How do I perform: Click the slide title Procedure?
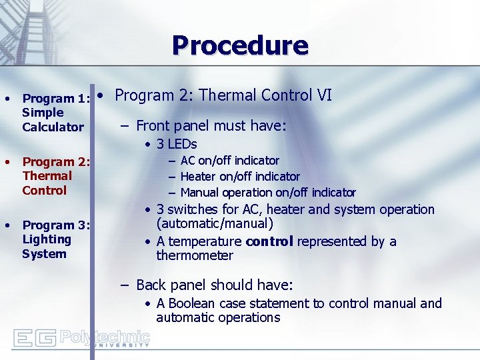pyautogui.click(x=240, y=45)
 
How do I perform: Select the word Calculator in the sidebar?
pyautogui.click(x=53, y=127)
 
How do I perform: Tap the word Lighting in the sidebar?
pyautogui.click(x=46, y=239)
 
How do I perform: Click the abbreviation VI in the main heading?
pyautogui.click(x=324, y=95)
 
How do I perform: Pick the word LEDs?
pyautogui.click(x=182, y=144)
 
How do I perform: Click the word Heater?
pyautogui.click(x=198, y=177)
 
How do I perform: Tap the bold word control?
pyautogui.click(x=269, y=241)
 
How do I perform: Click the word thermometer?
pyautogui.click(x=195, y=256)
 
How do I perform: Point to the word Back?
pyautogui.click(x=150, y=285)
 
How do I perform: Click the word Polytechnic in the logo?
pyautogui.click(x=105, y=336)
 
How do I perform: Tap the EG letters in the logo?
pyautogui.click(x=35, y=339)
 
